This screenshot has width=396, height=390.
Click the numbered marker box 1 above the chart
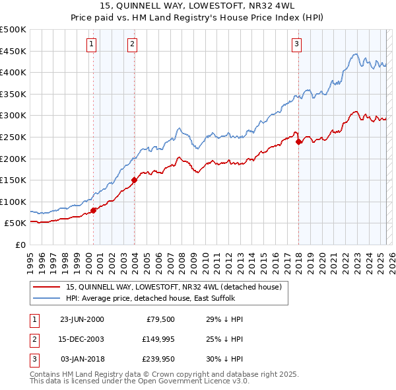click(x=90, y=44)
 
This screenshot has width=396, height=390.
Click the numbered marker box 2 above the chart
click(x=132, y=44)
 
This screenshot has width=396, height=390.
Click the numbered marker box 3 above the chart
click(x=296, y=44)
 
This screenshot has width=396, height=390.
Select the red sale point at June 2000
click(x=93, y=210)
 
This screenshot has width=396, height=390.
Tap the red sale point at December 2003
click(x=134, y=179)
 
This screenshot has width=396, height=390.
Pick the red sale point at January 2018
click(x=298, y=141)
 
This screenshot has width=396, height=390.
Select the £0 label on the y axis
click(x=20, y=245)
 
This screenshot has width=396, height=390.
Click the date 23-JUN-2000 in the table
click(x=82, y=319)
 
